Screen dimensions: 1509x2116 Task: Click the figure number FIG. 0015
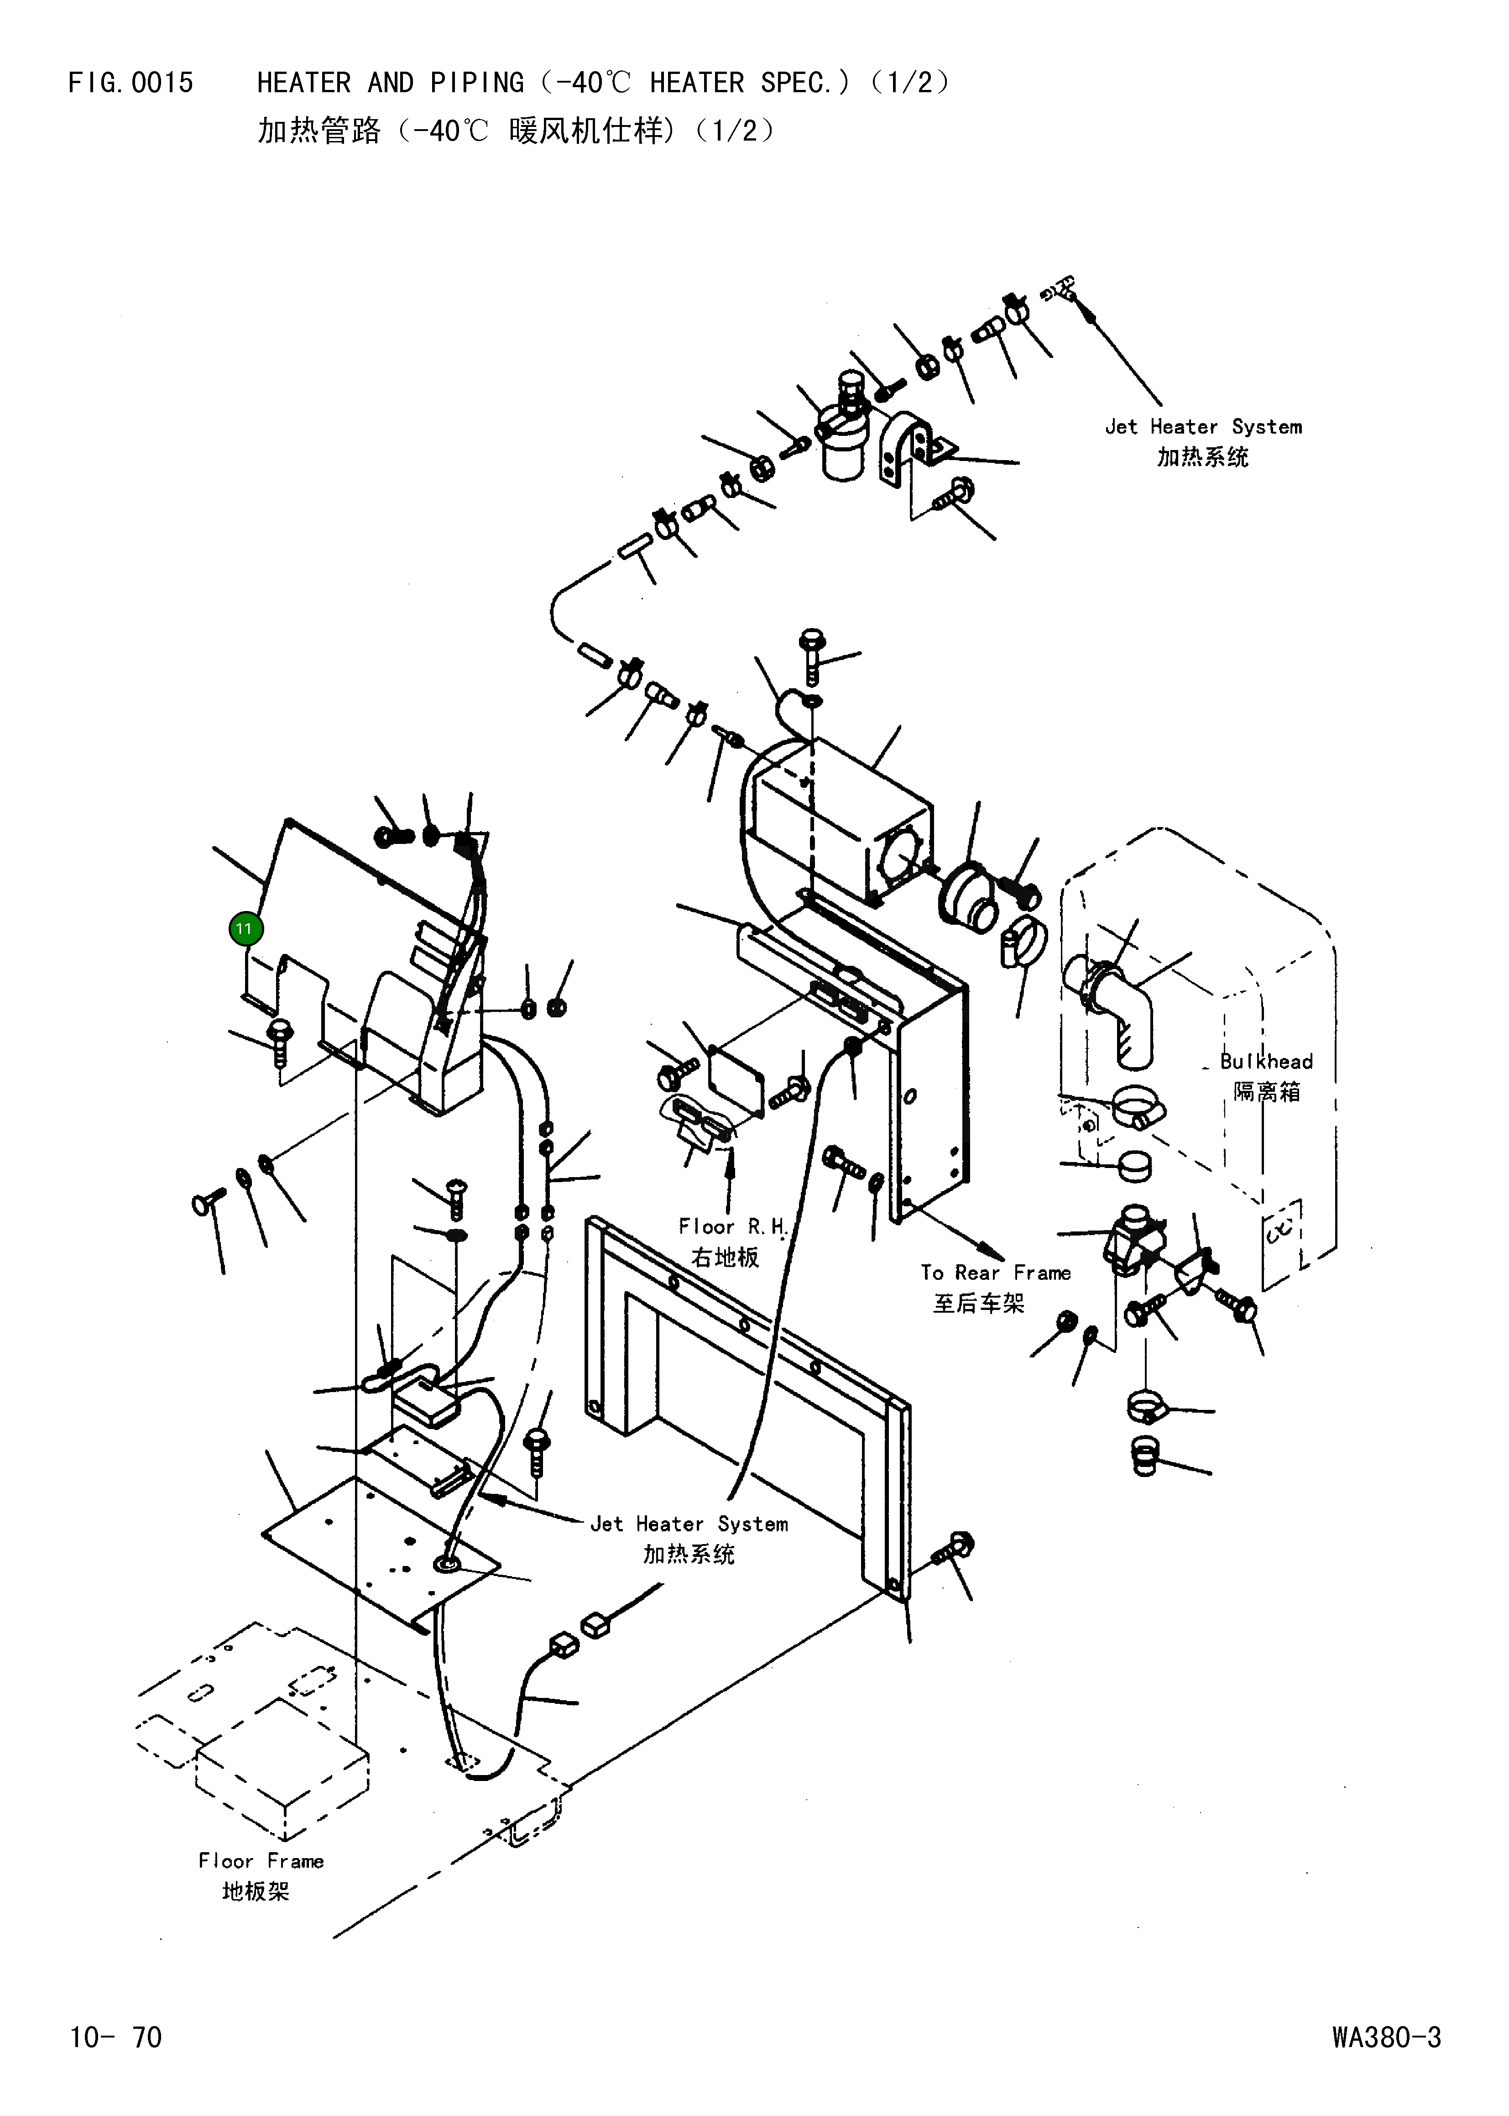pos(131,83)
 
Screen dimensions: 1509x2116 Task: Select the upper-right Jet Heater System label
pos(1203,427)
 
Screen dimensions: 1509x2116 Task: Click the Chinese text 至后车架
pos(978,1303)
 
